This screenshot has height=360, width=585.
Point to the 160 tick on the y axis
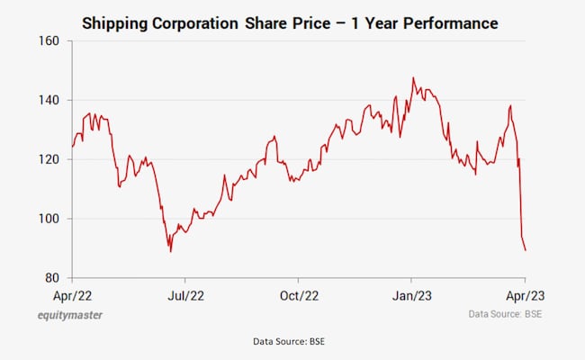[x=49, y=41]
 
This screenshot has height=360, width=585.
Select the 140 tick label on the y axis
[x=49, y=101]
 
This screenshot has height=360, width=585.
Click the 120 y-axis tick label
[x=49, y=159]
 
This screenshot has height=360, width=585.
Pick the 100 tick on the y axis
[x=49, y=219]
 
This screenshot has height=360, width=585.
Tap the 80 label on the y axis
[x=52, y=278]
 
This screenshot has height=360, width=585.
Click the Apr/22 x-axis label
[x=73, y=294]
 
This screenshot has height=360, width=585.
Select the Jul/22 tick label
[x=185, y=294]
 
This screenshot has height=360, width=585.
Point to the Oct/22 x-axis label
[x=299, y=294]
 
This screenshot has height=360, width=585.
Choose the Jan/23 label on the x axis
[x=412, y=294]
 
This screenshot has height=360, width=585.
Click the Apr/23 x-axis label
[x=525, y=294]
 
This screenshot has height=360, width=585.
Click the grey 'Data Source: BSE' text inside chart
[x=505, y=314]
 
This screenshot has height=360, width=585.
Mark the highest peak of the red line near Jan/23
[x=413, y=78]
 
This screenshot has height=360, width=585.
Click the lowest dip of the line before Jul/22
[x=170, y=251]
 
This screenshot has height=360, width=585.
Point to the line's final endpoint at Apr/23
[x=526, y=250]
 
